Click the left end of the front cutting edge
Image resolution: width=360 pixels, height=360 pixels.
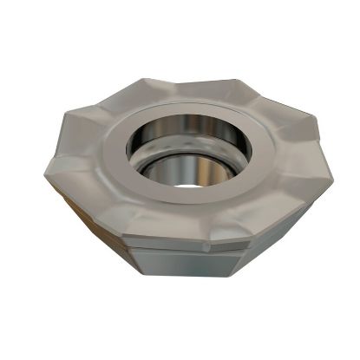(x=121, y=234)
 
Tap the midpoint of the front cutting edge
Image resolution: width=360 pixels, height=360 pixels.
(x=185, y=236)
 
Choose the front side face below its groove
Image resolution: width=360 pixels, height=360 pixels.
(x=185, y=265)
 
